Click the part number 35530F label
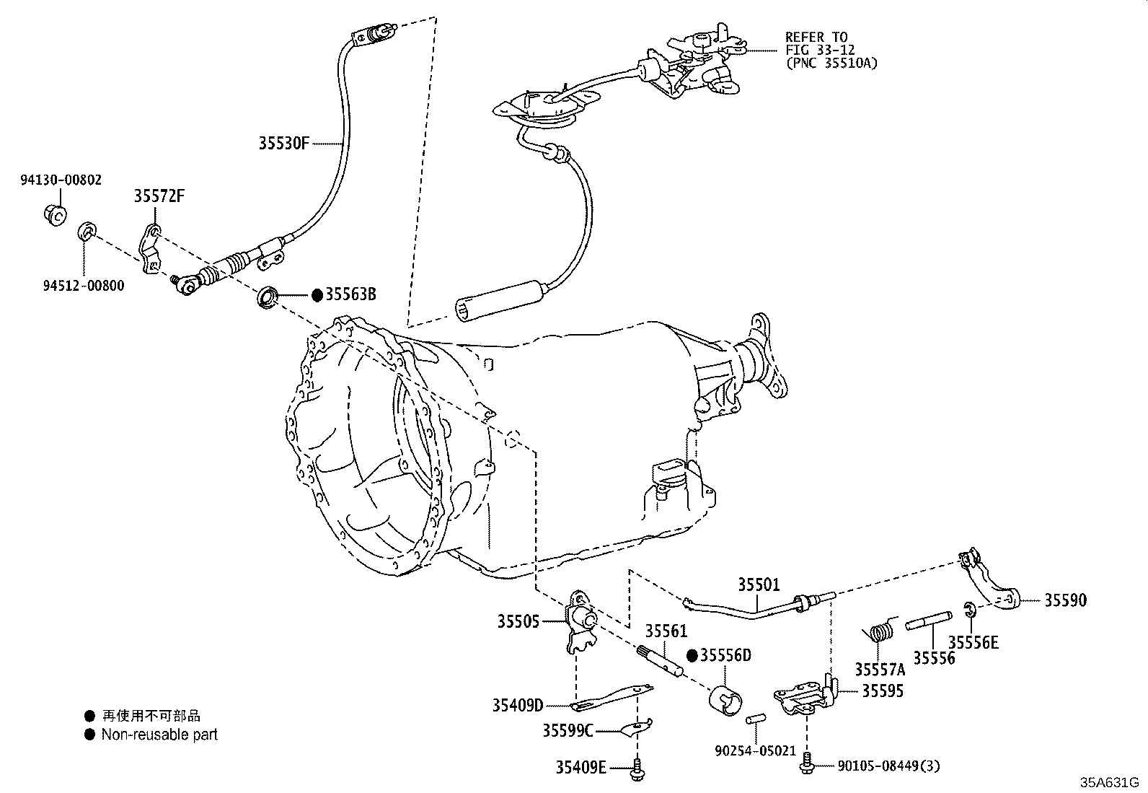tap(283, 143)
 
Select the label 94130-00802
tap(61, 180)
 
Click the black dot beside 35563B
tap(317, 294)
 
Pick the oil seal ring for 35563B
tap(268, 297)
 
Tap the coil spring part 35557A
tap(879, 632)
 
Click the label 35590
tap(1065, 600)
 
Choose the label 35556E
tap(973, 642)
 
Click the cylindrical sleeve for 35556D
tap(725, 699)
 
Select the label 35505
tap(518, 621)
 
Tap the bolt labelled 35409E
tap(637, 769)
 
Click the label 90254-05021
tap(754, 750)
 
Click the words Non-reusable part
tap(159, 735)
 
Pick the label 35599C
tap(568, 731)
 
